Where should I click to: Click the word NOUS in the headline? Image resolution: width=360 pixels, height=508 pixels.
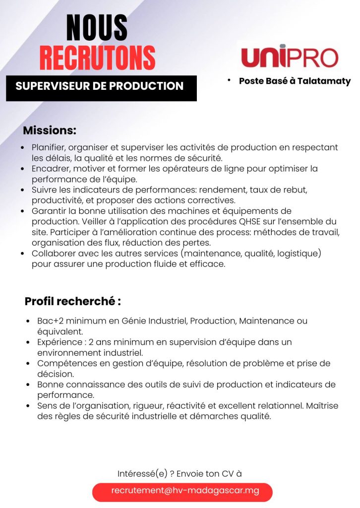tap(97, 28)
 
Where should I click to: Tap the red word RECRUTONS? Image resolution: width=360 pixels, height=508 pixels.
tap(97, 58)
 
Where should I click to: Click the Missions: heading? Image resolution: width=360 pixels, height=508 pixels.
tap(50, 131)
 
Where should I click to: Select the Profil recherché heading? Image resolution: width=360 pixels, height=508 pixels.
tap(73, 301)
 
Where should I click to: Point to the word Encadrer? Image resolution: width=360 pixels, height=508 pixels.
tap(50, 169)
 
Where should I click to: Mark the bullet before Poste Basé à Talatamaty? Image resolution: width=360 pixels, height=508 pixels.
tap(230, 79)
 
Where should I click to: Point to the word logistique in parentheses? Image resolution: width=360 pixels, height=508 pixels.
tap(300, 254)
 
